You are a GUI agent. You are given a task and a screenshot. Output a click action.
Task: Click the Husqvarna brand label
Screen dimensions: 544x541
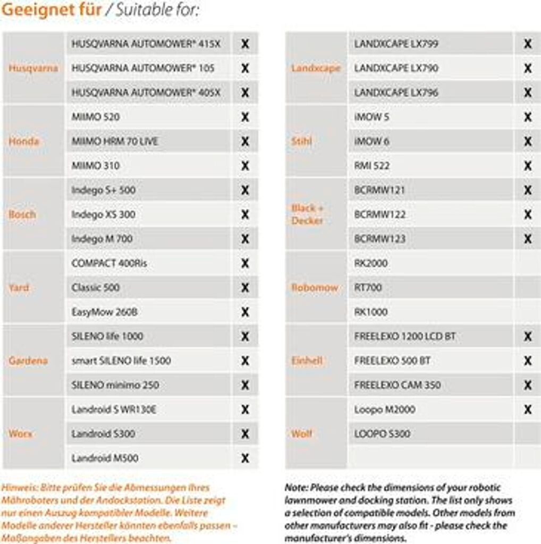[x=33, y=69]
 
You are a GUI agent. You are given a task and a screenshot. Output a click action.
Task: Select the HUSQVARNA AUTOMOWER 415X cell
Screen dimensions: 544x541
[x=146, y=44]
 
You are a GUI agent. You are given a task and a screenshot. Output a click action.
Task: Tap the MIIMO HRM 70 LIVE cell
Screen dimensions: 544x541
[x=115, y=141]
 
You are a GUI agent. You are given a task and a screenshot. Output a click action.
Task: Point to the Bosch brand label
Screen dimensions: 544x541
[x=22, y=215]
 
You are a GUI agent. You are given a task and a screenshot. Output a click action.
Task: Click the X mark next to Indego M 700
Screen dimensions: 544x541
[x=245, y=239]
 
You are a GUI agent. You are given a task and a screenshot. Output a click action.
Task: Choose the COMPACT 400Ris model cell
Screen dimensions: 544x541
[x=109, y=263]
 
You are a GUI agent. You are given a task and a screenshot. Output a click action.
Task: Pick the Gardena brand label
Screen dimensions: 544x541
[x=28, y=361]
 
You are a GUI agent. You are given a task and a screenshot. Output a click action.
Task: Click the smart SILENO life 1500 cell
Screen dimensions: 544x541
[x=121, y=361]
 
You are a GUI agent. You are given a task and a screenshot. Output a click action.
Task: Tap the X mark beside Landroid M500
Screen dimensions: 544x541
[x=245, y=458]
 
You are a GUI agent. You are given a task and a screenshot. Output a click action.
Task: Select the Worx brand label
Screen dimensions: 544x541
[x=20, y=434]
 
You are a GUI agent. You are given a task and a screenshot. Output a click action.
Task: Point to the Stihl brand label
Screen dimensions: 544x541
[x=302, y=141]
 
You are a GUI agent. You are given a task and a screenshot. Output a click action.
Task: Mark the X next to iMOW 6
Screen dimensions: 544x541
[x=528, y=141]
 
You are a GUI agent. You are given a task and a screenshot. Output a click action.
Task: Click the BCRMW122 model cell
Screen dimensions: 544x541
[x=380, y=215]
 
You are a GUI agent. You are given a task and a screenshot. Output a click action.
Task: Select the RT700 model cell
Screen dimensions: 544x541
[x=368, y=288]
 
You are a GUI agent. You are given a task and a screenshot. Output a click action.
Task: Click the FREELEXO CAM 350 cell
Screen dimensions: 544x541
[x=398, y=385]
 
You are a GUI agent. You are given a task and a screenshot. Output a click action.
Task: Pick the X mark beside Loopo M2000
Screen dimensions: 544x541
[x=528, y=410]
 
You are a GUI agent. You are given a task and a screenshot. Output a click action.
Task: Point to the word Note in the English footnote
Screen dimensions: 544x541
[x=296, y=488]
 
